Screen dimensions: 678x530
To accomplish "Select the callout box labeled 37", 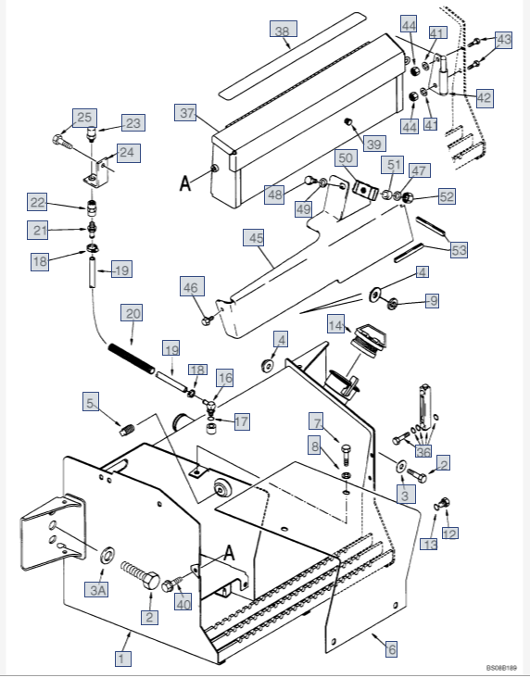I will [x=188, y=113].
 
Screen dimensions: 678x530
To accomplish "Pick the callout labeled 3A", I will [x=99, y=589].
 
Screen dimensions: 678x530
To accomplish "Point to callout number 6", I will [x=391, y=649].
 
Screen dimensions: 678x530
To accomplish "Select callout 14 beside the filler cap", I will [x=335, y=325].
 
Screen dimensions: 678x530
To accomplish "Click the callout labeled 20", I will [x=133, y=314].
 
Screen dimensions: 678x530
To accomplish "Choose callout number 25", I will [x=84, y=118].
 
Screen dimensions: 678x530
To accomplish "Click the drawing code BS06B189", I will [x=500, y=667].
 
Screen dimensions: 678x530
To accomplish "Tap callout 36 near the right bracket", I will [x=423, y=451].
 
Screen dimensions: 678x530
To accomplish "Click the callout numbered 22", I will [x=37, y=203].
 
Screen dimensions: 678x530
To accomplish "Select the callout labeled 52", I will [x=447, y=196].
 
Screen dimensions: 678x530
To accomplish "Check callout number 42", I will [x=484, y=97].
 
